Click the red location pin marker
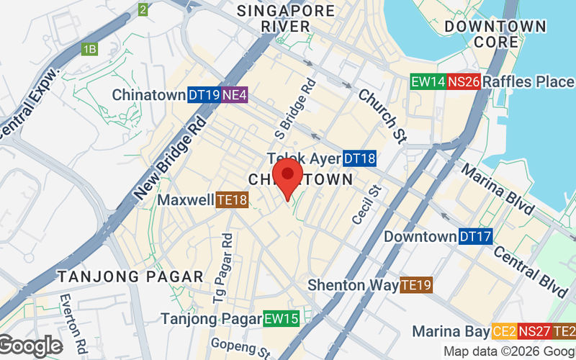(289, 176)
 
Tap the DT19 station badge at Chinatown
(204, 95)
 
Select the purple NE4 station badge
(235, 95)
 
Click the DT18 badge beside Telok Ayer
(359, 158)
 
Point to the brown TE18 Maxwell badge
(232, 199)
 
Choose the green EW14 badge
(428, 82)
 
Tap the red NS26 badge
(464, 82)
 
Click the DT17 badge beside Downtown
(475, 236)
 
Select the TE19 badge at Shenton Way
(416, 285)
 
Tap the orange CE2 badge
(504, 332)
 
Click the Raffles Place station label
(528, 82)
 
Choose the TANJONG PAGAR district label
(131, 276)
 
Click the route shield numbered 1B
(89, 50)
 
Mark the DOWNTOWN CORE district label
(495, 34)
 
